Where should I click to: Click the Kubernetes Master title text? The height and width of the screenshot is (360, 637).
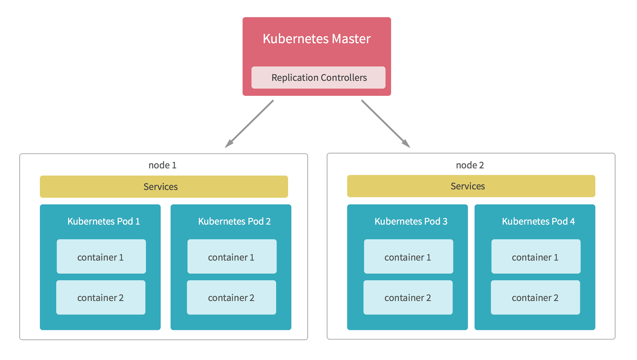point(317,39)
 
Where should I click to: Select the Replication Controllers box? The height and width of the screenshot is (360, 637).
point(318,78)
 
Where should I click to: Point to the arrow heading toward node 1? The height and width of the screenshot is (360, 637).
point(249,124)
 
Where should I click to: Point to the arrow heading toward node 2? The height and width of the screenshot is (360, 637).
point(386,124)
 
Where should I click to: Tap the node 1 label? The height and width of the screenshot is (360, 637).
point(162,165)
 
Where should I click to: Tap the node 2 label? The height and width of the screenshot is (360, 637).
point(470,165)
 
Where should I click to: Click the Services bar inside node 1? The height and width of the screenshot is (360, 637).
point(164,187)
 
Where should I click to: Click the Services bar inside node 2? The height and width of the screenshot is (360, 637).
point(471,186)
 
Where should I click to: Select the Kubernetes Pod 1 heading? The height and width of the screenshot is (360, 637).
point(104,221)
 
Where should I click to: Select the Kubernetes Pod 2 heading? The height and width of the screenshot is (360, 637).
point(234,221)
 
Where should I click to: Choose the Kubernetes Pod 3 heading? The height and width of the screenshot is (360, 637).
point(411,221)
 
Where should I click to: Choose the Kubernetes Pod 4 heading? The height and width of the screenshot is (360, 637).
point(538,221)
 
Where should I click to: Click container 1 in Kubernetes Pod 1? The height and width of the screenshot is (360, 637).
point(101,256)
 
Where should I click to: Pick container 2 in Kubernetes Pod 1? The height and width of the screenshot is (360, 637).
point(100,297)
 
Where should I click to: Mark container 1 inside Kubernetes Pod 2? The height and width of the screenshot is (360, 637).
point(232,256)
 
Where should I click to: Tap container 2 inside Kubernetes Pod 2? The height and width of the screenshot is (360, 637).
point(231,297)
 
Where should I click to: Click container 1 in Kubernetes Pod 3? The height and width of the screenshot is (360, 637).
point(409,256)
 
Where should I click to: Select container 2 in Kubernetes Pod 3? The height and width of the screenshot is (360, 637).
point(408,297)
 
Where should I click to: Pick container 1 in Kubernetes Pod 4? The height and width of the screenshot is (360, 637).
point(536,256)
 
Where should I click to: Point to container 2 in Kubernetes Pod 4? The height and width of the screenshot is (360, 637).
point(535,297)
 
